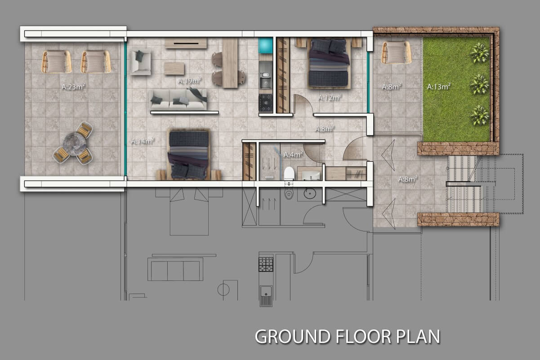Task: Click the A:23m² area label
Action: click(73, 86)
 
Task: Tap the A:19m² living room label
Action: click(189, 80)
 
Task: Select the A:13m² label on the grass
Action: click(439, 86)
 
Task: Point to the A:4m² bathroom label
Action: click(293, 154)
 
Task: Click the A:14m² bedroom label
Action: click(143, 141)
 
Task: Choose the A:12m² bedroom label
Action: click(330, 98)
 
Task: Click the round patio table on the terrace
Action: click(75, 144)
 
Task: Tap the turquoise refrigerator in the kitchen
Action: click(266, 45)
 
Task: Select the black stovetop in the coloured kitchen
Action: click(266, 103)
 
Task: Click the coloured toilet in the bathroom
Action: click(289, 173)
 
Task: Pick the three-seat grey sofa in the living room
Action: click(179, 100)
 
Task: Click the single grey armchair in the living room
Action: click(140, 62)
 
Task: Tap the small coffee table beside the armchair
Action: click(174, 69)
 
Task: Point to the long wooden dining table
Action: click(230, 63)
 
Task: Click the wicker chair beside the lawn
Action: click(396, 53)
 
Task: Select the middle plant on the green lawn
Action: click(479, 84)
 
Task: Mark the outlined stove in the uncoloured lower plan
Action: click(266, 264)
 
